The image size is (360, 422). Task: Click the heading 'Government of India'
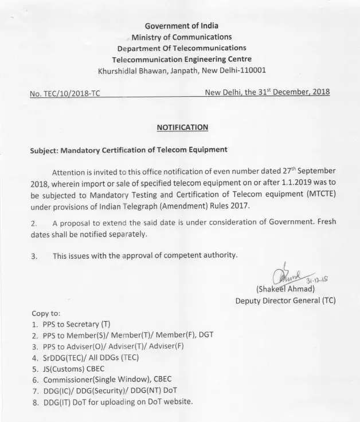click(181, 26)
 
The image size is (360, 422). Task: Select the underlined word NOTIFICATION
click(182, 127)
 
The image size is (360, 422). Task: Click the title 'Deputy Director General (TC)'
click(285, 300)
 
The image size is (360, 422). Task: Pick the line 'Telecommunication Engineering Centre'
click(182, 59)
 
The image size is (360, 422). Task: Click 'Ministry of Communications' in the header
click(182, 37)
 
